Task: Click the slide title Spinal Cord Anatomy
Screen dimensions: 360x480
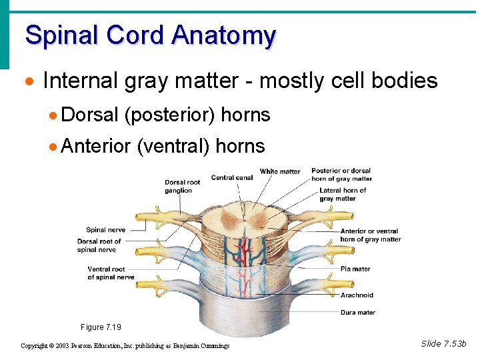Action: (150, 35)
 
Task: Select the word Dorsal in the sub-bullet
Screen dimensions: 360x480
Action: (89, 115)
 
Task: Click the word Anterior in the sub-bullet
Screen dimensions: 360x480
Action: (95, 146)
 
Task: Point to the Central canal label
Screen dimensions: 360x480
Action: (232, 177)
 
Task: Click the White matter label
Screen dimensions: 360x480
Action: (280, 171)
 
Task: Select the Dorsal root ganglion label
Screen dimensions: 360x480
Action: (183, 187)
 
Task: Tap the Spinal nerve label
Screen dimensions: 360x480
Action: (105, 230)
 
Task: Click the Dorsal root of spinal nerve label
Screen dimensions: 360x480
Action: (99, 245)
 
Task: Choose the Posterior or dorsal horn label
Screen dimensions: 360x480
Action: (341, 175)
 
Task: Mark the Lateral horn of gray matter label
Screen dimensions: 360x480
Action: (343, 195)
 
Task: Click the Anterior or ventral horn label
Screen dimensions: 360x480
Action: (370, 235)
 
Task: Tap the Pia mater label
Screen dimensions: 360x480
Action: (355, 269)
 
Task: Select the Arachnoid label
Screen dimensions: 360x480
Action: (357, 295)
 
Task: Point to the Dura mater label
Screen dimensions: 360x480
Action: (358, 312)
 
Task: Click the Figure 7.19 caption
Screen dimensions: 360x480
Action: (101, 327)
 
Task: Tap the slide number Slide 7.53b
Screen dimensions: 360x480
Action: (443, 343)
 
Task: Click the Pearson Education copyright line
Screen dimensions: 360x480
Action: (125, 345)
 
